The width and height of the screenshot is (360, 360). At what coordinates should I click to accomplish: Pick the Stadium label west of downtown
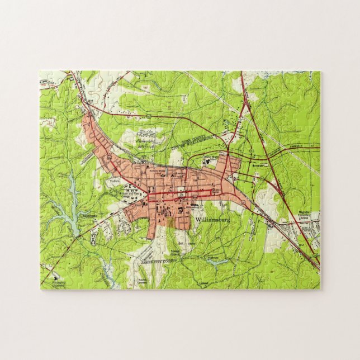click(x=115, y=182)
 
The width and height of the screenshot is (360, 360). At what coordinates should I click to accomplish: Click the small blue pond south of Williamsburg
click(x=219, y=261)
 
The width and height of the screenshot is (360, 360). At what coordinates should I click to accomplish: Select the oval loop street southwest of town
click(x=119, y=222)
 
